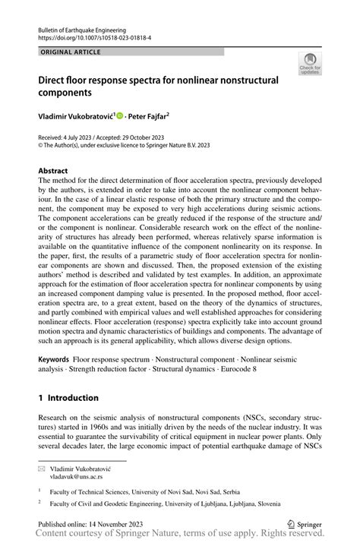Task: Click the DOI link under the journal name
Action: [x=89, y=36]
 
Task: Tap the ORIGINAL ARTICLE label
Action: [x=68, y=51]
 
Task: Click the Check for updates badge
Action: [x=311, y=65]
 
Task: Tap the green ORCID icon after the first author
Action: [x=119, y=115]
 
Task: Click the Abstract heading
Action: [x=54, y=172]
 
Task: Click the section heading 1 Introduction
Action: [x=68, y=397]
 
